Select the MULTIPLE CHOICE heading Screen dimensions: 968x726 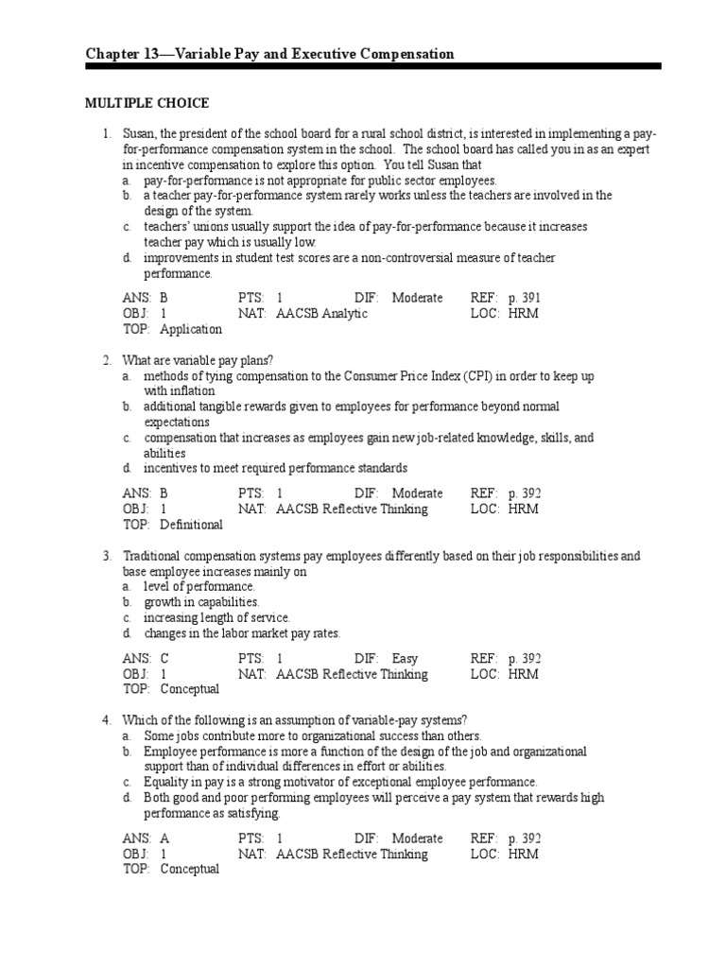point(147,103)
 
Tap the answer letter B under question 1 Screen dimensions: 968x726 point(164,298)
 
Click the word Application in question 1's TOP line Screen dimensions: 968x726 point(191,329)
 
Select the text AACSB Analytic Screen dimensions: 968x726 point(321,313)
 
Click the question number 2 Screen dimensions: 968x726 point(108,360)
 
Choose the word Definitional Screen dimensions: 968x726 point(191,524)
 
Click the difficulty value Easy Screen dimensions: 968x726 point(405,658)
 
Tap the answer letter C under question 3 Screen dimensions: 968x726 point(164,658)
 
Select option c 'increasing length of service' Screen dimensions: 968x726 point(216,617)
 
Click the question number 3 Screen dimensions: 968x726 point(108,556)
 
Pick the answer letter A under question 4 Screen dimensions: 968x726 point(164,838)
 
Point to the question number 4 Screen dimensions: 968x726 point(108,720)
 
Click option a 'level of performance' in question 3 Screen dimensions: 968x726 point(199,587)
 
